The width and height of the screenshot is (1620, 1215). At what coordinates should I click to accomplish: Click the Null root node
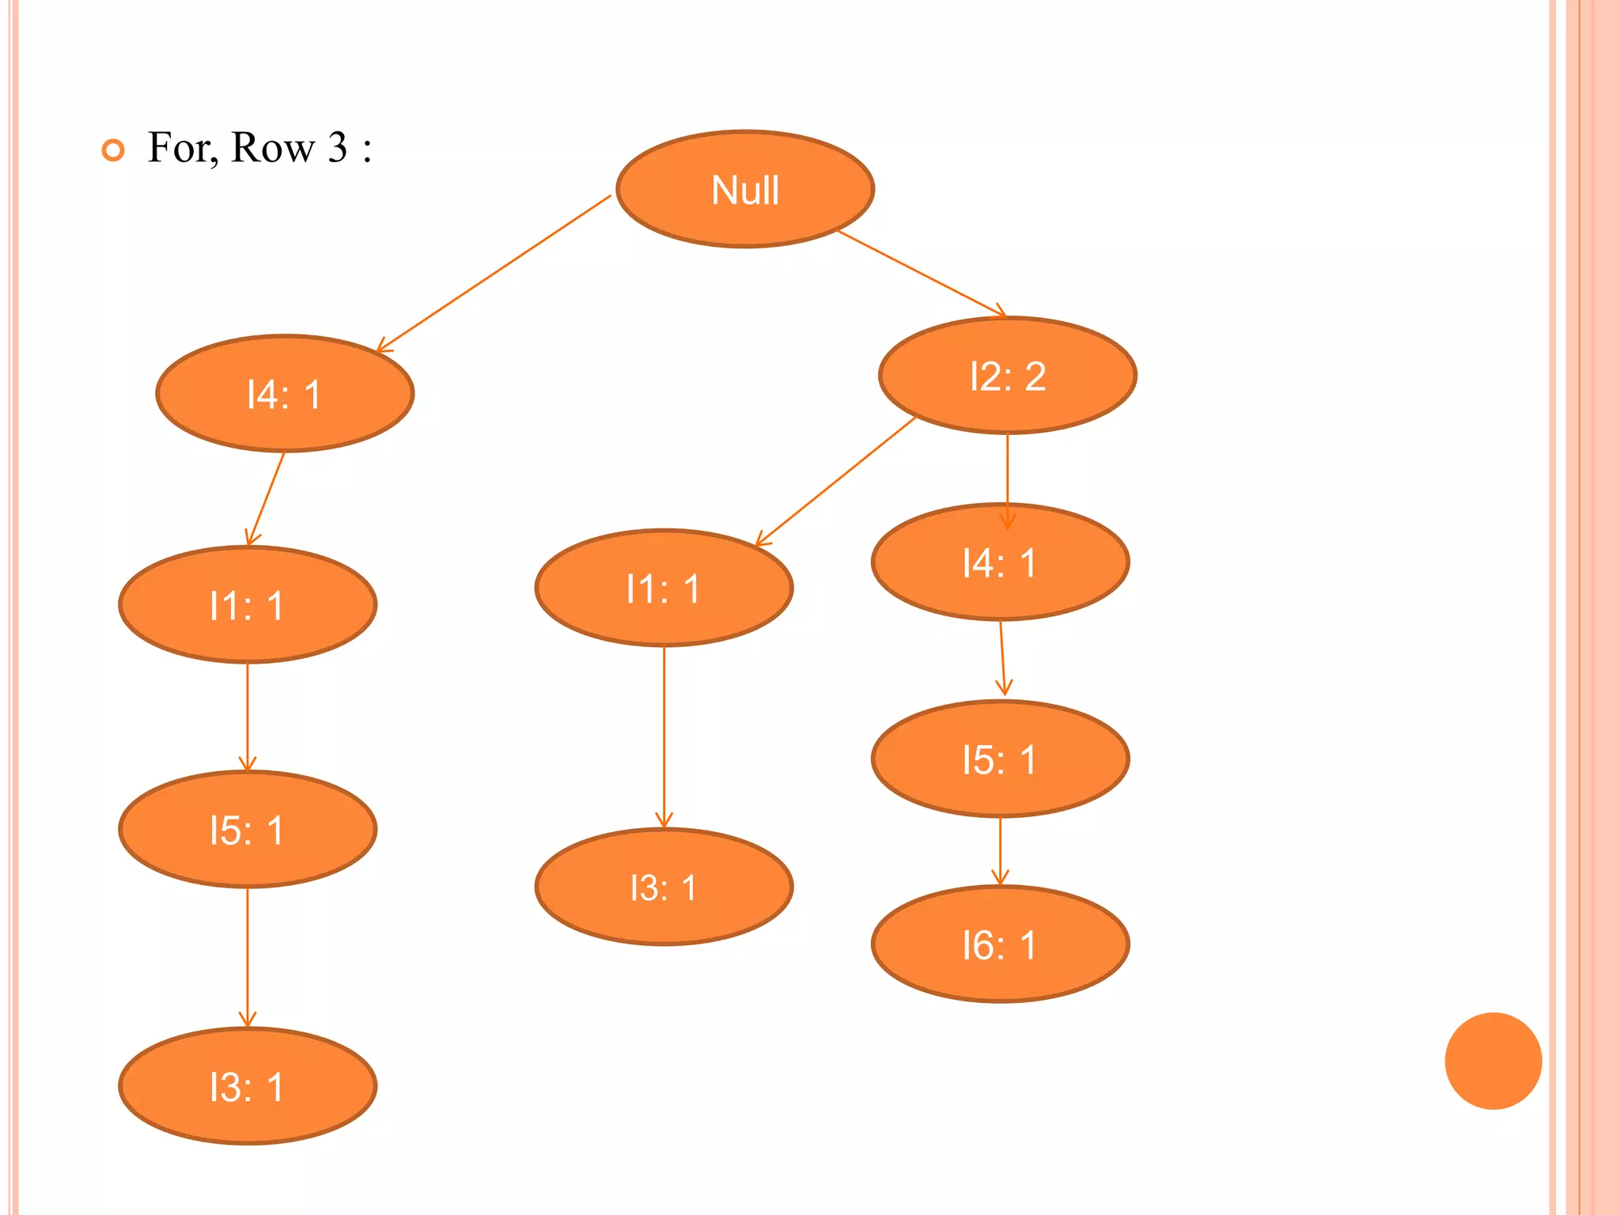(x=744, y=189)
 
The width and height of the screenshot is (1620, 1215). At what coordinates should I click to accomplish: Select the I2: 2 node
(x=1007, y=376)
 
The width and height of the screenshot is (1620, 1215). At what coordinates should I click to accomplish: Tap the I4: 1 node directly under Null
(x=284, y=394)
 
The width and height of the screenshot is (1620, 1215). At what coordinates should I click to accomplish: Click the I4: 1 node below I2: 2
(x=1000, y=562)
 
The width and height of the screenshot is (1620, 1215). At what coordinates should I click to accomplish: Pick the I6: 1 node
(x=1000, y=944)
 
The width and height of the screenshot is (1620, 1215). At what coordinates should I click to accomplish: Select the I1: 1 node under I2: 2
(x=664, y=589)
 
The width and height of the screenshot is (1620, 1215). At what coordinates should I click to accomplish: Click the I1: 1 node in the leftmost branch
(x=247, y=605)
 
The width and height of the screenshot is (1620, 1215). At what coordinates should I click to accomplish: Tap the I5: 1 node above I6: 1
(x=1000, y=759)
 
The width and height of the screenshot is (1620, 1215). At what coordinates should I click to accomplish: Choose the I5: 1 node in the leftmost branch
(x=247, y=830)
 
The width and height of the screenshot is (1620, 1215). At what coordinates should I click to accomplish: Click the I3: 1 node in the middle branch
(x=664, y=887)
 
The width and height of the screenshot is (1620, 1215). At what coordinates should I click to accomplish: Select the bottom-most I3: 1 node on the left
(x=247, y=1086)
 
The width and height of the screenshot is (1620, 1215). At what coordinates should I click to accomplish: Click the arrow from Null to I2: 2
(x=922, y=274)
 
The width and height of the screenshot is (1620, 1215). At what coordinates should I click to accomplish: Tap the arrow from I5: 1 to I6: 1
(x=1000, y=851)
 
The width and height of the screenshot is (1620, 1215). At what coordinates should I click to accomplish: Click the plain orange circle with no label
(x=1493, y=1061)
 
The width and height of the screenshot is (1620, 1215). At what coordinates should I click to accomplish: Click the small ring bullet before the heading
(x=114, y=150)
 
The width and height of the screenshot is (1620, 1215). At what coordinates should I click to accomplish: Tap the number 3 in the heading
(x=338, y=147)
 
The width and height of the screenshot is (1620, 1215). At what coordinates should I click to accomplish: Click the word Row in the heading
(x=273, y=147)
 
